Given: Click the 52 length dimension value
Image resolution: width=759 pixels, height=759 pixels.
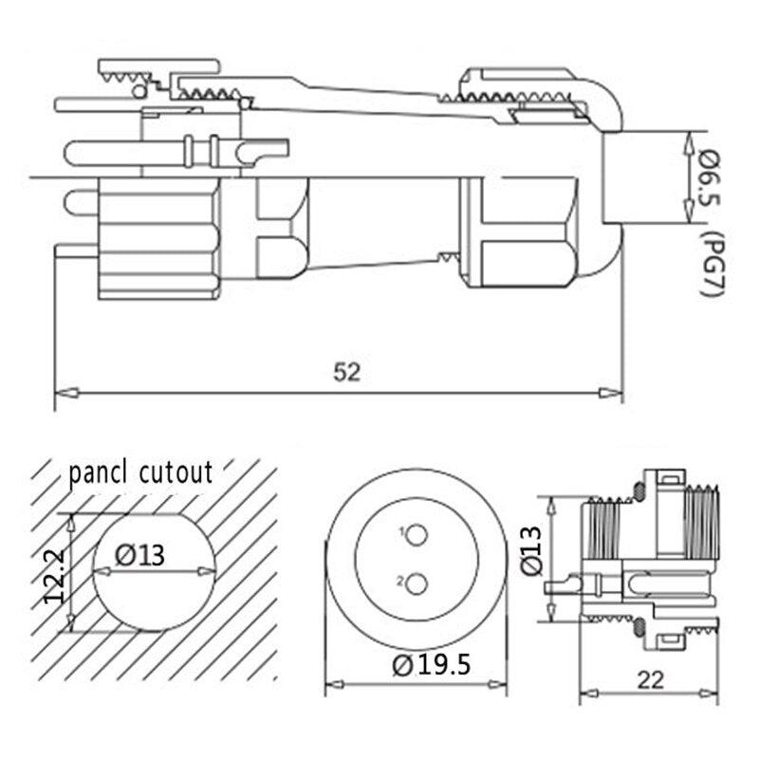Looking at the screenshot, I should point(347,373).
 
